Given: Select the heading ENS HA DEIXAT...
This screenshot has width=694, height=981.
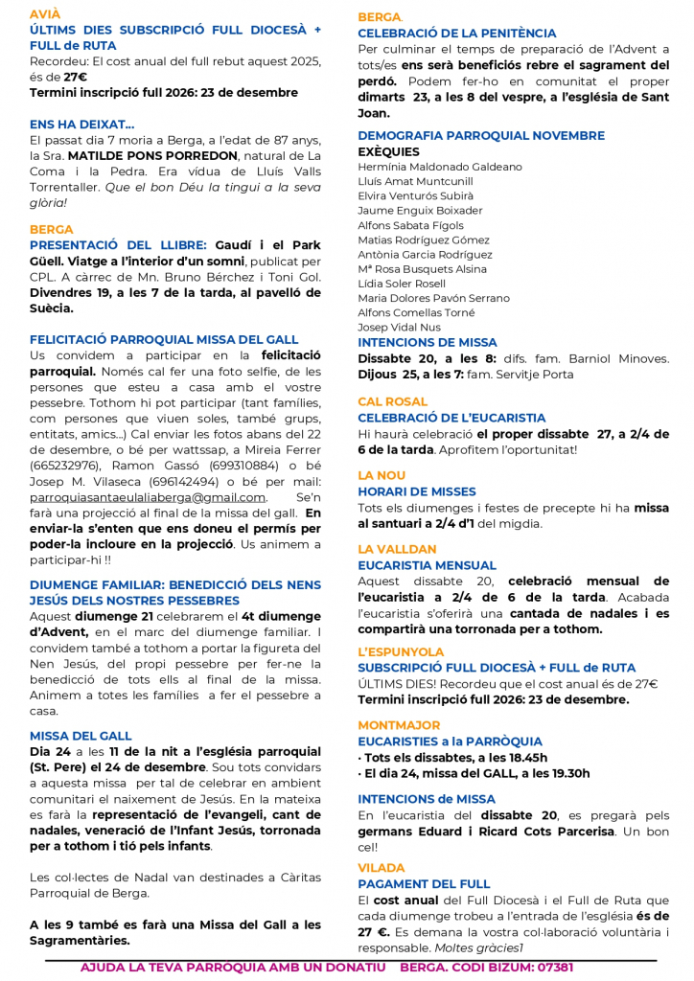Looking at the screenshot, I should coord(82,125).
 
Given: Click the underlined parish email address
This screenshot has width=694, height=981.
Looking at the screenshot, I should coord(148,497).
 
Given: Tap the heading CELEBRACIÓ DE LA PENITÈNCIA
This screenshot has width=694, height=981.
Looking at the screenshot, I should coord(456,34).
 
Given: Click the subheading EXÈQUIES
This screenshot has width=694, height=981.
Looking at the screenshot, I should coord(388,151).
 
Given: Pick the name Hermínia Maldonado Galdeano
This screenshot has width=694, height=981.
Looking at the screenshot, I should coord(440,167).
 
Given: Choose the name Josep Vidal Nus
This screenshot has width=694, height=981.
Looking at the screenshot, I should coord(400,327).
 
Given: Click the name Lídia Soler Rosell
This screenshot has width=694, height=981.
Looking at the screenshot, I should coord(402,284).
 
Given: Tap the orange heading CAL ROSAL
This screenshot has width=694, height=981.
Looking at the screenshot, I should coord(392,401).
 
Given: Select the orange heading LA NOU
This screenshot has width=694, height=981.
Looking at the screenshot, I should coord(382,475).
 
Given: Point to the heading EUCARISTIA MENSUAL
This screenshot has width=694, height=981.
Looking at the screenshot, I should coord(427,565).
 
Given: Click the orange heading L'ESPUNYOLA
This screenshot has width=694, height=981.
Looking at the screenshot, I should coord(401,651).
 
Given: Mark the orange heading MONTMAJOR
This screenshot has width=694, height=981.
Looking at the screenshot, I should coord(399,725).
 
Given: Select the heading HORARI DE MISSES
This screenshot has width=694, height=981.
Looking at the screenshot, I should coord(416,491).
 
